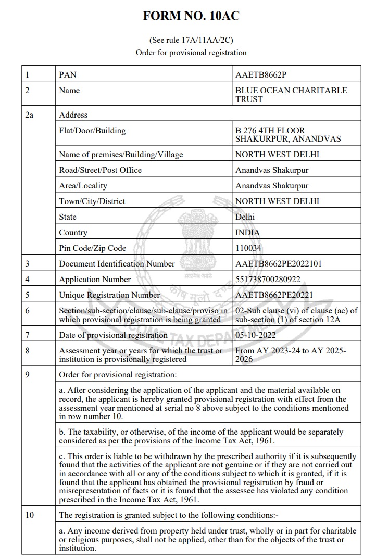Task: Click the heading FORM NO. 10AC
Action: (x=191, y=16)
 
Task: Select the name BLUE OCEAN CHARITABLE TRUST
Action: (x=291, y=94)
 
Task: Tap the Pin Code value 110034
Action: (x=248, y=248)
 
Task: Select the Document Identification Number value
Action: (x=279, y=264)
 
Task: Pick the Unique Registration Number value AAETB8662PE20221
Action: (x=274, y=295)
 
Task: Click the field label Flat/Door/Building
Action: (x=92, y=131)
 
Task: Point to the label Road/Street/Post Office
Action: (x=100, y=170)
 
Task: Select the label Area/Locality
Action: (x=83, y=186)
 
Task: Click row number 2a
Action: (x=29, y=115)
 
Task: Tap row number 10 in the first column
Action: (x=30, y=515)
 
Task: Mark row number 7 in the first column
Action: (x=28, y=335)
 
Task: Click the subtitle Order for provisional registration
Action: (x=191, y=53)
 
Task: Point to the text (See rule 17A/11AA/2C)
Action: (x=191, y=40)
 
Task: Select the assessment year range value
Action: (x=291, y=354)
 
